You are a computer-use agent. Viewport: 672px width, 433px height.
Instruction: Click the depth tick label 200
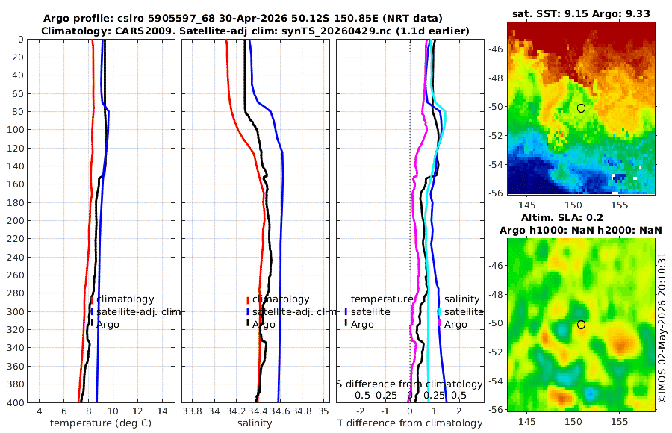point(16,220)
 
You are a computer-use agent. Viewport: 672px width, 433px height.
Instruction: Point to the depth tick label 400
point(16,402)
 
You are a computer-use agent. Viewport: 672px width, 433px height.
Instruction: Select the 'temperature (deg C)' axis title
point(101,423)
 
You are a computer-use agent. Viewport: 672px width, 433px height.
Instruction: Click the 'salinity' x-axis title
point(255,423)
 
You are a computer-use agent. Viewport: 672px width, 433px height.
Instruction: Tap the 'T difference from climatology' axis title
point(410,423)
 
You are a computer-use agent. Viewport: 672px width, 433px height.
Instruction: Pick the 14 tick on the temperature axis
point(162,411)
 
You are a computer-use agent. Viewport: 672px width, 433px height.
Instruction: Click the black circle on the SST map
point(581,108)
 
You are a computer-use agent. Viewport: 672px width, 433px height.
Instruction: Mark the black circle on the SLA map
point(581,325)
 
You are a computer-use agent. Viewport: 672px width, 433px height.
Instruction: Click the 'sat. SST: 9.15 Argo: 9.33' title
point(581,13)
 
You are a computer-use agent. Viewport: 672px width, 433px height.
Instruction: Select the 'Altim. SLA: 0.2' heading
point(561,218)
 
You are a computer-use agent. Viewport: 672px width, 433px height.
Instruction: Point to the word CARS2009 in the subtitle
point(139,31)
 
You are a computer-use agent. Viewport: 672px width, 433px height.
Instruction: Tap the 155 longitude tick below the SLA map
point(619,421)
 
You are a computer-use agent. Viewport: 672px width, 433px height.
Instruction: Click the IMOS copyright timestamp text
point(662,328)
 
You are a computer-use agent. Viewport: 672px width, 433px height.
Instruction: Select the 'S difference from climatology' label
point(409,384)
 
